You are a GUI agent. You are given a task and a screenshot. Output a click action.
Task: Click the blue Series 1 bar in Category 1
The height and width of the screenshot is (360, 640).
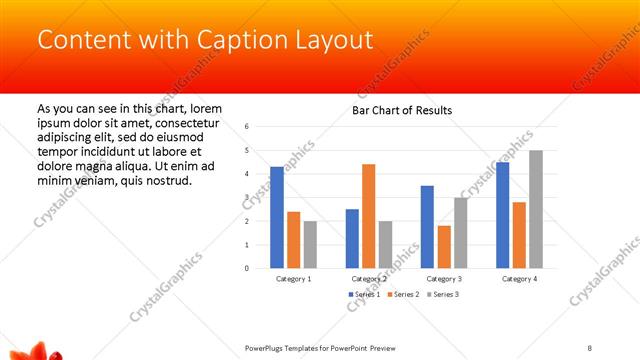coord(277,217)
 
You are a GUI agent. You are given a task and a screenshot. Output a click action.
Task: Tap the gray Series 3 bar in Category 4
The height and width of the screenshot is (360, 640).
coord(536,209)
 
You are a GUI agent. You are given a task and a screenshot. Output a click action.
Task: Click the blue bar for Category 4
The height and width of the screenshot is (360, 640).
coord(502,215)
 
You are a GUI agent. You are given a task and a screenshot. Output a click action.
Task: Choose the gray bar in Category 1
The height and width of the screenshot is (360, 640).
coord(310,244)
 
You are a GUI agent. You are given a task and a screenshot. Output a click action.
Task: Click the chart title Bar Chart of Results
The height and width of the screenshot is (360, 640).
coord(402,110)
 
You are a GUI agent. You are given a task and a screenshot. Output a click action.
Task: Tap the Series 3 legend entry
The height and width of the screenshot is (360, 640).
coord(444,294)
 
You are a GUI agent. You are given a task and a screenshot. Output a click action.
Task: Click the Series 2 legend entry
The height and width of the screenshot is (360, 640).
coord(403,294)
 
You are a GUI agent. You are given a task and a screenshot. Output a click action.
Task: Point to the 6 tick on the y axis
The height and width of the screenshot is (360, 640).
coord(246,126)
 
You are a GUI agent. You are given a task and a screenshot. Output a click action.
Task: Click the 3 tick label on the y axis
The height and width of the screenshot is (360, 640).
coord(246,197)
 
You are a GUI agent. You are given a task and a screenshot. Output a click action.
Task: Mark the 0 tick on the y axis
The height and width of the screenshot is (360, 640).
coord(246,268)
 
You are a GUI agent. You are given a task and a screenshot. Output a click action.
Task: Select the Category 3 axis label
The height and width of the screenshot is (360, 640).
coord(444,279)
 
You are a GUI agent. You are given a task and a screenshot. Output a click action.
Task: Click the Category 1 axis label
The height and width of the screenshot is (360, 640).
coord(293,279)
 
